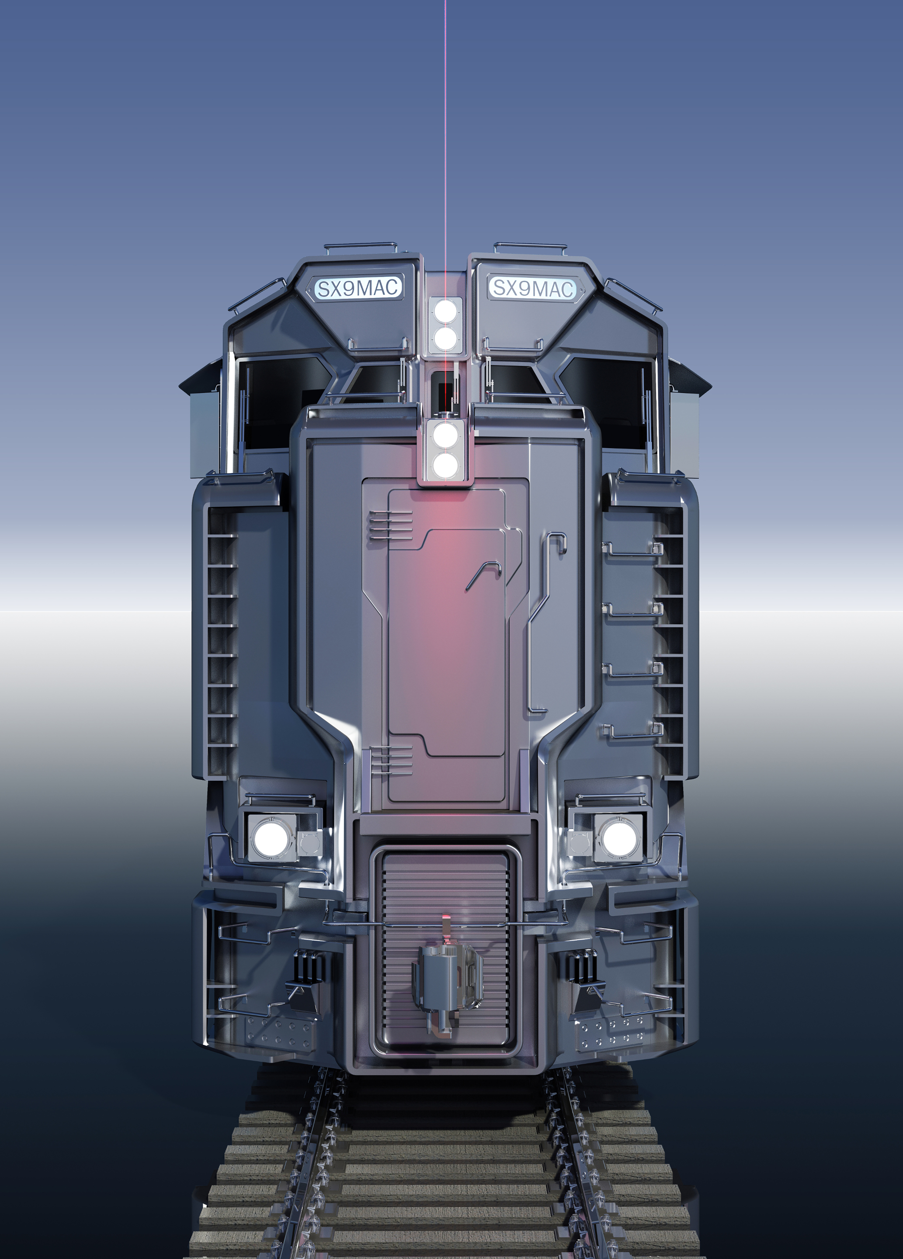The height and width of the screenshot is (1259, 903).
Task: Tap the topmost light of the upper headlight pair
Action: click(445, 311)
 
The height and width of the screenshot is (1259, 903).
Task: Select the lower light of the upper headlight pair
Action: click(445, 338)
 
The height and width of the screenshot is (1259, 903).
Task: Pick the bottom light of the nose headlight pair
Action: click(445, 465)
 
